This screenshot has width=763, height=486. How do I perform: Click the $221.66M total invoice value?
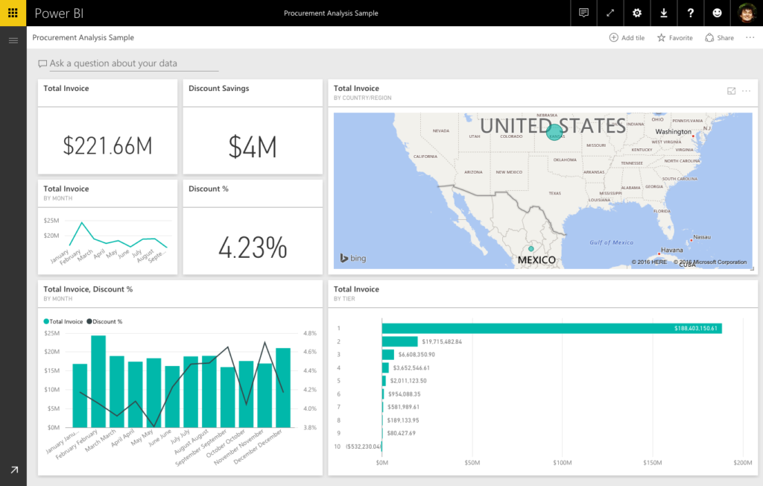coord(107,146)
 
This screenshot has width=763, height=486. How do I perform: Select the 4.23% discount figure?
coord(253,247)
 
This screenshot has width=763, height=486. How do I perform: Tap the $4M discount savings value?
coord(253,147)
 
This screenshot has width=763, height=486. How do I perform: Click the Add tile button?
coord(627,38)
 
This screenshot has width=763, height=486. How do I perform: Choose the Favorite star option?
coord(674,38)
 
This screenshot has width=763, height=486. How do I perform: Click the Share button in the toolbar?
coord(719,38)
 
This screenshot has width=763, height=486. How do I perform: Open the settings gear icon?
coord(636,13)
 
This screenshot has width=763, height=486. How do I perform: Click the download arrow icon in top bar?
coord(664,13)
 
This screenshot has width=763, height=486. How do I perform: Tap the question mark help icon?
coord(691,13)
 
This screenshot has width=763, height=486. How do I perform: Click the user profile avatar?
coord(747,13)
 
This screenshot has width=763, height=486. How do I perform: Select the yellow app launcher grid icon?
coord(13,13)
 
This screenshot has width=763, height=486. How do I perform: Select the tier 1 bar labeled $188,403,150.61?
coord(551,328)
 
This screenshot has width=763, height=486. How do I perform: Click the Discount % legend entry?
coord(104,321)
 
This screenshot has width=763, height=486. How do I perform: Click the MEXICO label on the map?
coord(536,259)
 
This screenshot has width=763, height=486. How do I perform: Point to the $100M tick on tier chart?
coord(563,463)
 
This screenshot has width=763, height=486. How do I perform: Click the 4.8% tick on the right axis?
coord(310,333)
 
